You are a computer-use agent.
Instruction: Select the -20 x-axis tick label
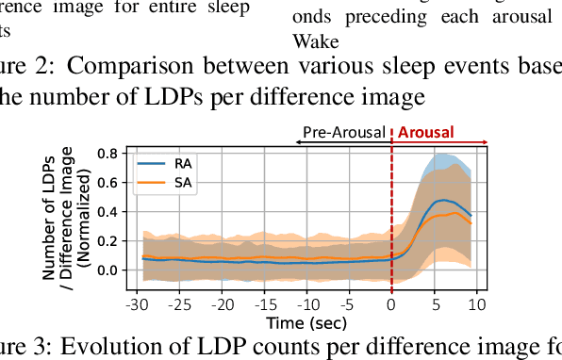coord(223,305)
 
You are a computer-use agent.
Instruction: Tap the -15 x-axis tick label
coord(265,305)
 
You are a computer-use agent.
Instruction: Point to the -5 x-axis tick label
coord(349,305)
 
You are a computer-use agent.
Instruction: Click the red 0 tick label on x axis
coord(391,305)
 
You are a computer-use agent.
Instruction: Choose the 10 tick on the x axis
coord(476,305)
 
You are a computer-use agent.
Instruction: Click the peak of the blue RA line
coord(443,201)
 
